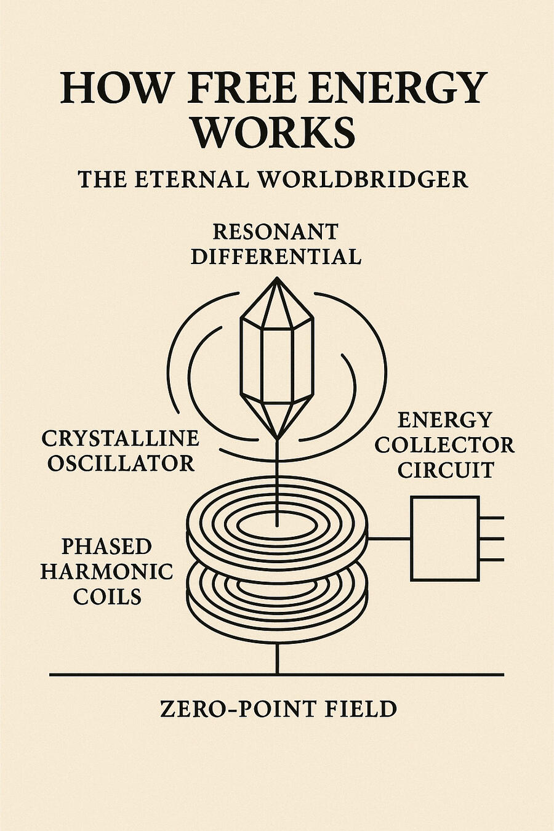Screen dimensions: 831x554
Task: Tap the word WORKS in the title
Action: (x=278, y=131)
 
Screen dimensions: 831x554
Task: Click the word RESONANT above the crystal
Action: (x=275, y=231)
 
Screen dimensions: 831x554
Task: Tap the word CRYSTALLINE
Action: (x=121, y=438)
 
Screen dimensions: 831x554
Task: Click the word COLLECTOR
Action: (x=444, y=445)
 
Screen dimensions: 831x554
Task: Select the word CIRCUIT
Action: (x=445, y=470)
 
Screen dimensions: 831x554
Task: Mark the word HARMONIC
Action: (x=106, y=571)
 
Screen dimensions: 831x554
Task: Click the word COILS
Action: (x=107, y=596)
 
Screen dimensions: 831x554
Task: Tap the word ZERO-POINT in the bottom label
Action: (x=235, y=709)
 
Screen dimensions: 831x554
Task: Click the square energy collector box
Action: (x=444, y=539)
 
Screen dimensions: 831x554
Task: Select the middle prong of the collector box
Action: (x=491, y=539)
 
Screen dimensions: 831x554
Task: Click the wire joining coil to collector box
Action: (x=388, y=539)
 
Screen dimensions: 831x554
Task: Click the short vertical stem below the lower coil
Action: (x=278, y=659)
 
